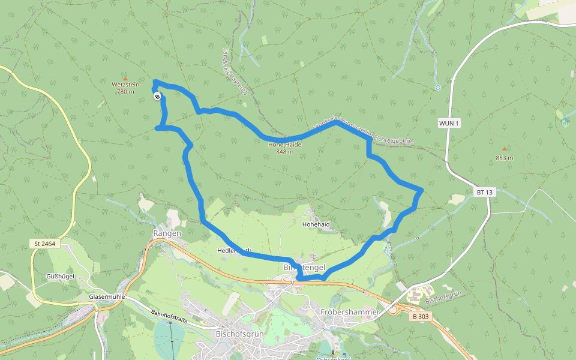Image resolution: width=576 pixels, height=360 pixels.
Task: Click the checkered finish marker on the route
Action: [157, 96]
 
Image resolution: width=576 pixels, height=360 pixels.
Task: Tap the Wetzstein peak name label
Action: [125, 85]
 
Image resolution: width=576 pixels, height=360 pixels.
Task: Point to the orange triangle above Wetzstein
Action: [125, 78]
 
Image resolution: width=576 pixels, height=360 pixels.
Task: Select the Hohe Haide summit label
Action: [284, 145]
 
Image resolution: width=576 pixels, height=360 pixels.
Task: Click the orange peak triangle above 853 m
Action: [504, 149]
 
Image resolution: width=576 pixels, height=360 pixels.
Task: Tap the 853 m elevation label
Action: [505, 158]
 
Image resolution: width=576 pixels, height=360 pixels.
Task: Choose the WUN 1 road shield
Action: [449, 123]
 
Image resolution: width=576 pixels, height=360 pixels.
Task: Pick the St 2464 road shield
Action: [44, 244]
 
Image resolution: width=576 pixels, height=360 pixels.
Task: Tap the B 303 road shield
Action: [422, 316]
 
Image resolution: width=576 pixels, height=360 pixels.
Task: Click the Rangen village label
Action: [167, 233]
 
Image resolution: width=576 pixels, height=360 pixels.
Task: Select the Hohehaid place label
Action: [316, 224]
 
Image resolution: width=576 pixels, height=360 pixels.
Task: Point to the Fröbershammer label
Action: [350, 312]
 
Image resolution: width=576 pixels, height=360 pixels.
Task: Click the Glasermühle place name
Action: [107, 297]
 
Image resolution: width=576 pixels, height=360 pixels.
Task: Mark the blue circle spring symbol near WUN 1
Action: [438, 88]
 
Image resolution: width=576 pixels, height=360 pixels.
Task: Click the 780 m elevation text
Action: [125, 92]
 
